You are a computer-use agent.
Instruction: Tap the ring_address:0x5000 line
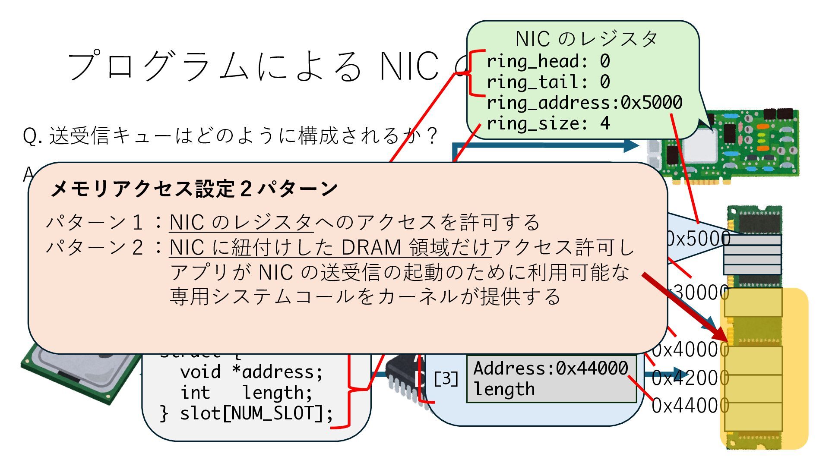tap(584, 103)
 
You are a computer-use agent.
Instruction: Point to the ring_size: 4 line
tap(548, 124)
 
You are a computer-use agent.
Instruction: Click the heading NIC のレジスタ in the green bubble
tap(586, 39)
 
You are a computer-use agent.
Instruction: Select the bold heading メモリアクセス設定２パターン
tap(194, 189)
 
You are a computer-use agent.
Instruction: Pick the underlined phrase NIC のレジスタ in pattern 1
tap(240, 223)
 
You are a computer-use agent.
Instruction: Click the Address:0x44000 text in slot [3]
tap(551, 368)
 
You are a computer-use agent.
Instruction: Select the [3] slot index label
tap(446, 379)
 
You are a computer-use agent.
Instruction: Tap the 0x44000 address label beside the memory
tap(690, 406)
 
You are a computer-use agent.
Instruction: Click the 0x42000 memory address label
tap(690, 378)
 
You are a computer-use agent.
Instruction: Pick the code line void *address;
tap(251, 372)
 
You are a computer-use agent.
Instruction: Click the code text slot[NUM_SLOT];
tap(256, 413)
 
